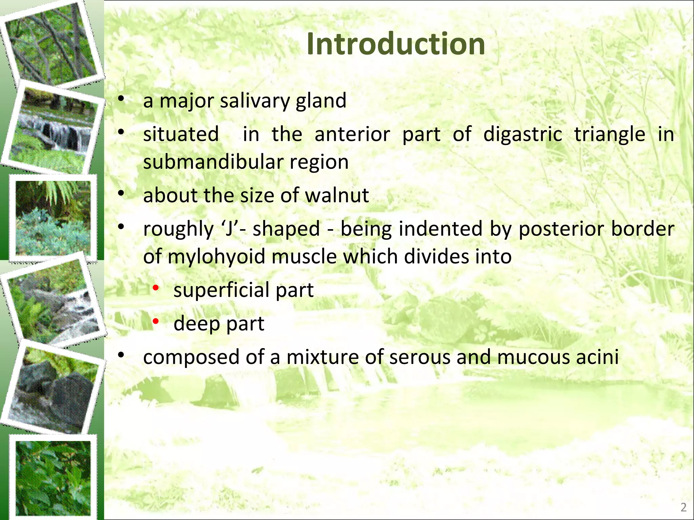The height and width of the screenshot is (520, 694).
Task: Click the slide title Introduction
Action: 396,44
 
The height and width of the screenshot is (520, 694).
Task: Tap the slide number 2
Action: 683,507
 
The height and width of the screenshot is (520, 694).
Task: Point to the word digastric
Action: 523,134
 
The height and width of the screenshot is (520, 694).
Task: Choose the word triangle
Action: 610,134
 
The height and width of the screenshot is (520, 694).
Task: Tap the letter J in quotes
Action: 230,229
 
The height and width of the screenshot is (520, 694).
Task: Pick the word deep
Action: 197,324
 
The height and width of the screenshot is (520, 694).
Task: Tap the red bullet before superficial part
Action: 156,288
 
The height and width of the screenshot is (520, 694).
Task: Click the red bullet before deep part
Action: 156,321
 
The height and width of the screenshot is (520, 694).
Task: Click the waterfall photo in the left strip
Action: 54,130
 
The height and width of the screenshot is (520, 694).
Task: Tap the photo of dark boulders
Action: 54,389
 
